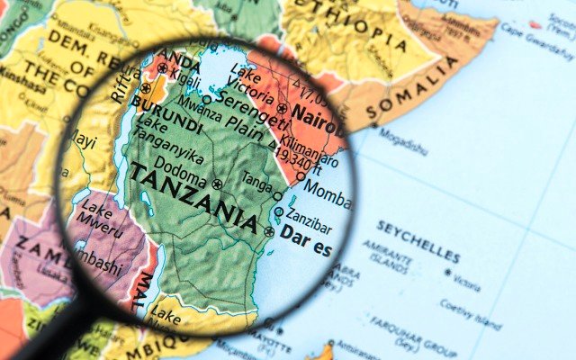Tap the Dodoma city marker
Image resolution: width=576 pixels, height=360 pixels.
coord(216,184)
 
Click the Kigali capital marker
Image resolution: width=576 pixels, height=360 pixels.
coord(163,67)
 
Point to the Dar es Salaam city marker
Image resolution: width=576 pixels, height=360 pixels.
coord(269,232)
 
